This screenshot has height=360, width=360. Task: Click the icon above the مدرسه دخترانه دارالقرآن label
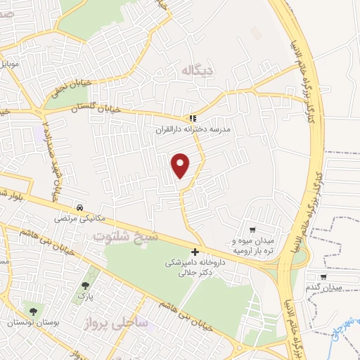(x=193, y=119)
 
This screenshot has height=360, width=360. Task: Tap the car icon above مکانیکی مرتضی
(x=82, y=208)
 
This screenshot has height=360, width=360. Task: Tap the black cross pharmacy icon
(x=195, y=252)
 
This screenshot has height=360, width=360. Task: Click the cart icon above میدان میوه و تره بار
(x=253, y=229)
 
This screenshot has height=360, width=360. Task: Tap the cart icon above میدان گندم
(x=323, y=277)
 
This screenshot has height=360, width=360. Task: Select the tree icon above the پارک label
(x=86, y=286)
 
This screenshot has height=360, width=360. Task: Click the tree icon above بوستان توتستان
(x=31, y=309)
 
